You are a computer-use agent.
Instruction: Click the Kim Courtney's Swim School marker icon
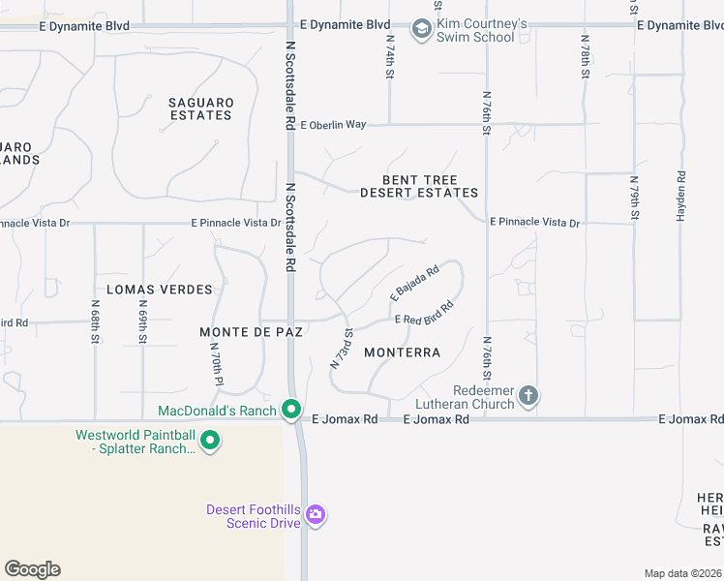pyautogui.click(x=421, y=30)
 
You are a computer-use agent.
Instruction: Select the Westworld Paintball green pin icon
pyautogui.click(x=209, y=443)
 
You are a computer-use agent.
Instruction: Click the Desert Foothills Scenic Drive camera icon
pyautogui.click(x=315, y=513)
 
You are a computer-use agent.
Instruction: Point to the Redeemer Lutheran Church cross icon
pyautogui.click(x=528, y=395)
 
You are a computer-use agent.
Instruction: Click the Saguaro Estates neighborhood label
pyautogui.click(x=200, y=108)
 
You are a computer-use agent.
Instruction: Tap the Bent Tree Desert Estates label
pyautogui.click(x=419, y=187)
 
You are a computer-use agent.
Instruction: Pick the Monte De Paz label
pyautogui.click(x=252, y=332)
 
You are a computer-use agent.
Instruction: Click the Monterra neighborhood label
pyautogui.click(x=403, y=352)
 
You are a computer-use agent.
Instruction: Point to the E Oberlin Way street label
pyautogui.click(x=334, y=125)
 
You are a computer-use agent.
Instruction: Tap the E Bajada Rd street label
pyautogui.click(x=415, y=282)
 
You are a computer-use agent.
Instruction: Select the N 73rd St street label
pyautogui.click(x=340, y=350)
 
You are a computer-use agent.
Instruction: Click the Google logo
pyautogui.click(x=32, y=569)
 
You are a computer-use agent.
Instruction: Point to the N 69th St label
pyautogui.click(x=142, y=325)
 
